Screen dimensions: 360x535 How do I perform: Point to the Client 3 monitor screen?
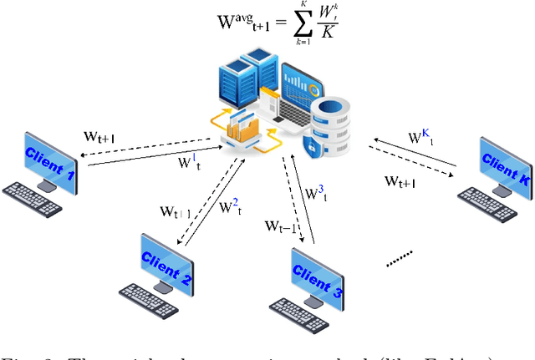316,275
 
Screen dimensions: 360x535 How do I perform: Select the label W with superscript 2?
230,205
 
